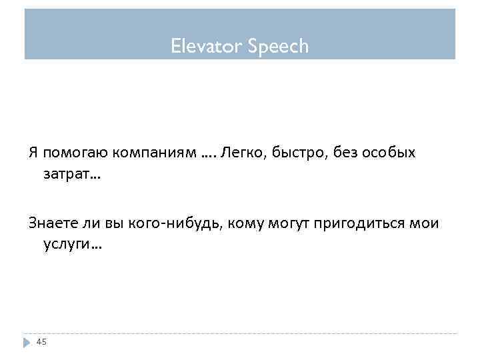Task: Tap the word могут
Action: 292,223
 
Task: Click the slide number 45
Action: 41,342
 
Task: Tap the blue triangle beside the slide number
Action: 27,342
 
